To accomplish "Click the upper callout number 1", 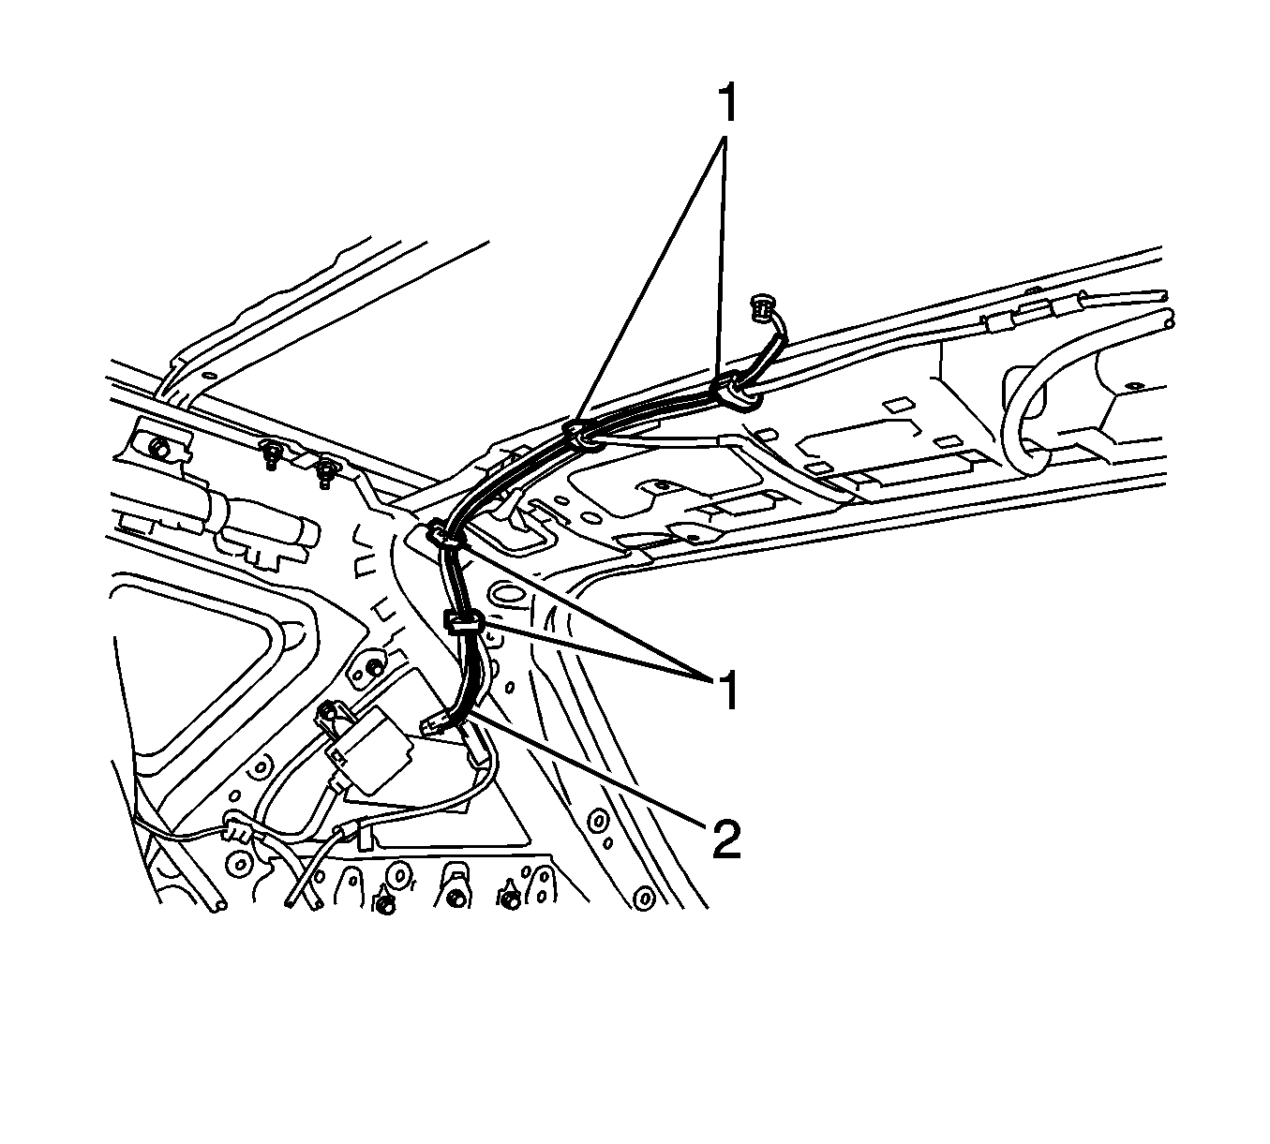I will (726, 104).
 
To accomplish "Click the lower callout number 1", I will (726, 691).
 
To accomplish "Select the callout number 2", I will (726, 839).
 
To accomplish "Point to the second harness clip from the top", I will (583, 435).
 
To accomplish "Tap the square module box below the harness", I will (368, 750).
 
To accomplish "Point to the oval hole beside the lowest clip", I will (506, 594).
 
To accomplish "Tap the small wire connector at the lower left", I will (234, 829).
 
